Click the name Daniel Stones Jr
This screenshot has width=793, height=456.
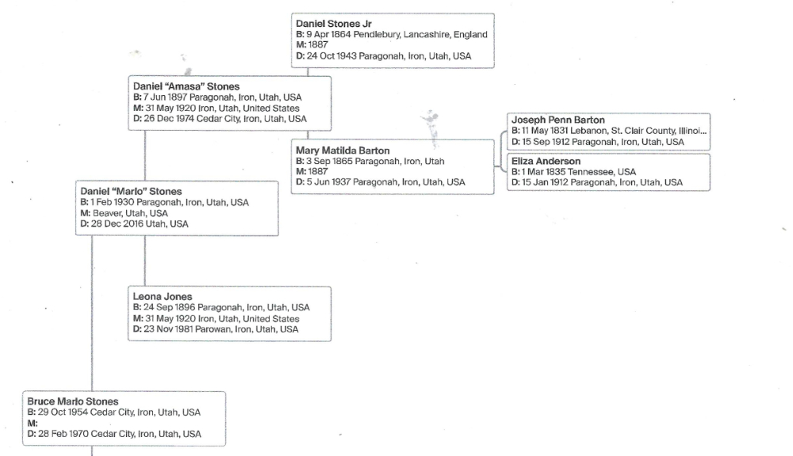333,25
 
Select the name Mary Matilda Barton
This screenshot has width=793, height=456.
343,150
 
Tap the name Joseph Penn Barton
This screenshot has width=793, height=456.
558,120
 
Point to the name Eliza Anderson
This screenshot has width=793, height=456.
546,162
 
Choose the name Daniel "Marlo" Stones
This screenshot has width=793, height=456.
132,191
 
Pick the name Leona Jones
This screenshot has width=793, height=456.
163,297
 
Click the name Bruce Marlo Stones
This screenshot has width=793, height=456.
73,401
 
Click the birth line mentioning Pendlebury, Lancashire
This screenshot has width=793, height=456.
391,35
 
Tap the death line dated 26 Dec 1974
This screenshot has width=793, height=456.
220,118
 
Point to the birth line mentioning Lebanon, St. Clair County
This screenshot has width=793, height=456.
609,130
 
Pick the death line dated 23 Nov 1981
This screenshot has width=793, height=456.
216,329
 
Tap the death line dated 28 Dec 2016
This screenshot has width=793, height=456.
135,224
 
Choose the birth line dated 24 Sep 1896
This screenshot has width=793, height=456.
221,307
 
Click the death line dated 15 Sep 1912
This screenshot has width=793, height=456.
597,141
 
